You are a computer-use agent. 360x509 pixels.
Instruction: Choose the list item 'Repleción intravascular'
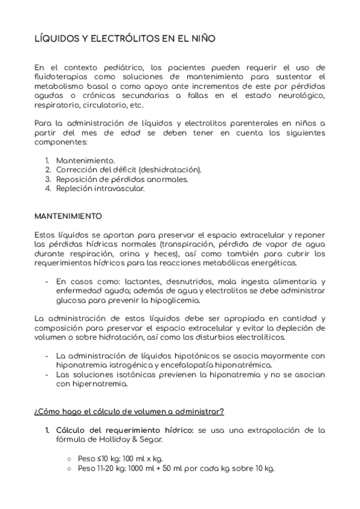[x=100, y=188]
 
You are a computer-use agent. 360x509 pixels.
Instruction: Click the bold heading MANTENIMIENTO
[x=68, y=215]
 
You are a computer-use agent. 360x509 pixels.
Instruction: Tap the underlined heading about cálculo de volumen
[x=129, y=411]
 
